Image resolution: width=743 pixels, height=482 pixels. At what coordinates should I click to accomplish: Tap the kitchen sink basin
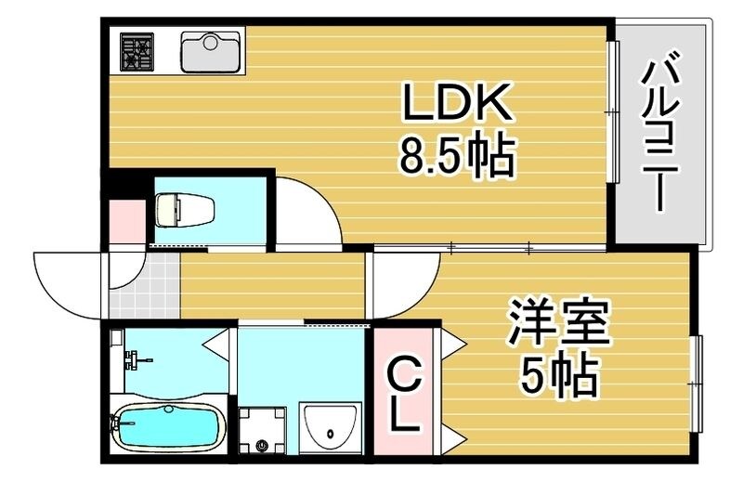211,52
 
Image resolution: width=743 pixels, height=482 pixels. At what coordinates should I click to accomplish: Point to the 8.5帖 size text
456,158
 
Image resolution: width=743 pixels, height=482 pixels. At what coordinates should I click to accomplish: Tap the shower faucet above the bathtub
133,358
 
